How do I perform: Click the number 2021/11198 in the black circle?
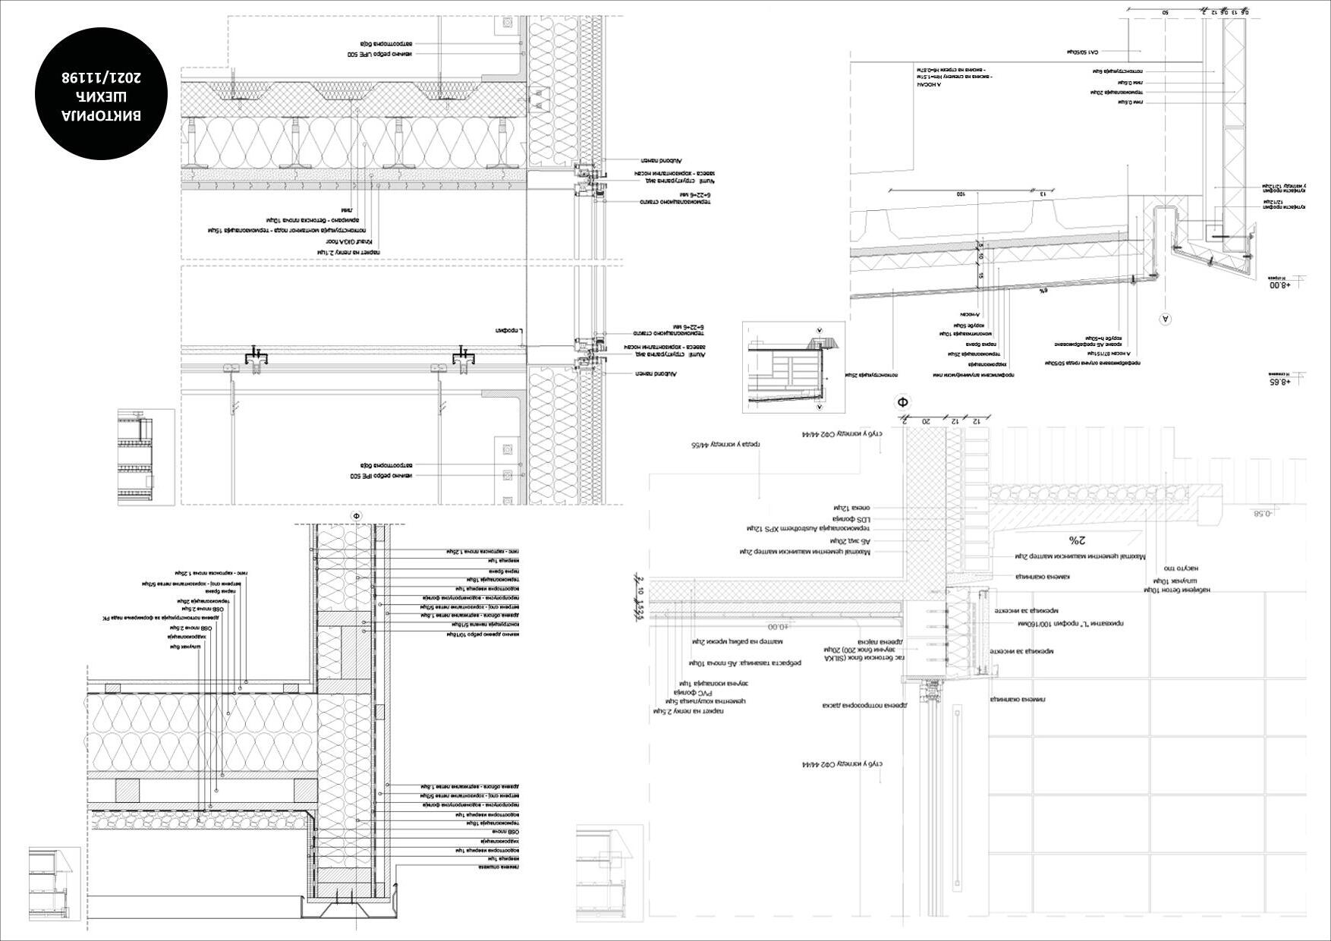[x=101, y=78]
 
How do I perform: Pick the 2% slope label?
[x=1077, y=540]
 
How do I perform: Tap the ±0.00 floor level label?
[x=778, y=627]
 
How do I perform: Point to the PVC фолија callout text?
[x=686, y=691]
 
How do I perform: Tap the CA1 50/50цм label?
[x=1081, y=52]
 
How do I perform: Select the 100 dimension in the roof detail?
[x=960, y=194]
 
